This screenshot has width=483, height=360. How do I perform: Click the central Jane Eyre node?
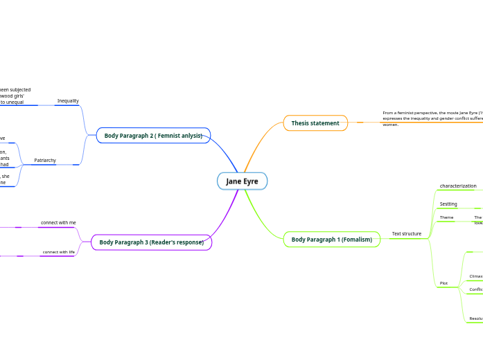point(242,181)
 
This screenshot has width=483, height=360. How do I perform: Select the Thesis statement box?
point(315,123)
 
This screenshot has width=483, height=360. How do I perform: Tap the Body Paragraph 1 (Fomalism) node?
point(331,240)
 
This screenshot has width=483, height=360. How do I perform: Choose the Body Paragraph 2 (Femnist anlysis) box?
point(153,136)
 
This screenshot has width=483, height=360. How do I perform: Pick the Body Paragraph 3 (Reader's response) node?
point(151,242)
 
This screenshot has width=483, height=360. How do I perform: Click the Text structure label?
point(406,234)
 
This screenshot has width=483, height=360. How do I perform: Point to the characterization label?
point(458,186)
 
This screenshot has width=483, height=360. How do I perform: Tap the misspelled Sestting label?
point(448,204)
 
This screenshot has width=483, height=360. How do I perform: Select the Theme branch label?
point(446,217)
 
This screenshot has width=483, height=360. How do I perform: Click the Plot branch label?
point(444,283)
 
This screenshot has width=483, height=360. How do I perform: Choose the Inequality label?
point(68,101)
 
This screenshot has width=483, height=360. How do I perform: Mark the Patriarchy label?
point(45,161)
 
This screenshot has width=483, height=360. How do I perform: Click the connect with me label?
point(58,223)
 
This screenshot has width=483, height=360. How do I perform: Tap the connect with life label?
point(58,252)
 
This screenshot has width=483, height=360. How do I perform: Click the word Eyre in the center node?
point(250,181)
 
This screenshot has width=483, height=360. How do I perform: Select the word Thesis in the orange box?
point(300,123)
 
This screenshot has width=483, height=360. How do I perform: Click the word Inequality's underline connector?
point(68,106)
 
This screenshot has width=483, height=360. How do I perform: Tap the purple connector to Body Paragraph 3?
point(225,215)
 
